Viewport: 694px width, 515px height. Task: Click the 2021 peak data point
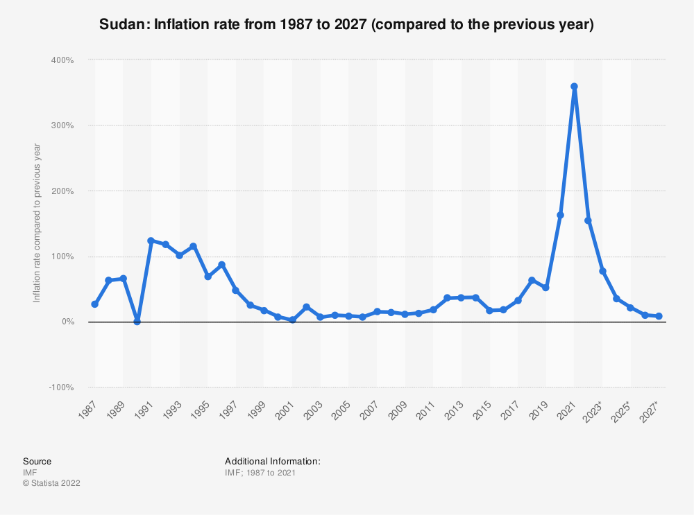click(574, 87)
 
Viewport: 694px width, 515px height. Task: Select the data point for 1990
click(137, 322)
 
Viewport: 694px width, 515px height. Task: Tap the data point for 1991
click(151, 241)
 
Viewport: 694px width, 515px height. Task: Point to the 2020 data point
click(560, 215)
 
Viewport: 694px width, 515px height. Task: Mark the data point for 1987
click(95, 304)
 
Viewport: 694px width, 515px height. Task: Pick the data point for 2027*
click(659, 316)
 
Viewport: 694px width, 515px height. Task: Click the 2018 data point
click(532, 280)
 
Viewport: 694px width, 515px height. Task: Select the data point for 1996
click(221, 265)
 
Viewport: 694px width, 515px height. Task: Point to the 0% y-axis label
click(67, 322)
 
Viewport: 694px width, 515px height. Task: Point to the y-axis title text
click(37, 223)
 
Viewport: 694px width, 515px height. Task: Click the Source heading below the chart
click(37, 461)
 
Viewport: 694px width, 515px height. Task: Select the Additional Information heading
click(273, 461)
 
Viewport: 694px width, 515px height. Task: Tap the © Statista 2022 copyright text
click(51, 483)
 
